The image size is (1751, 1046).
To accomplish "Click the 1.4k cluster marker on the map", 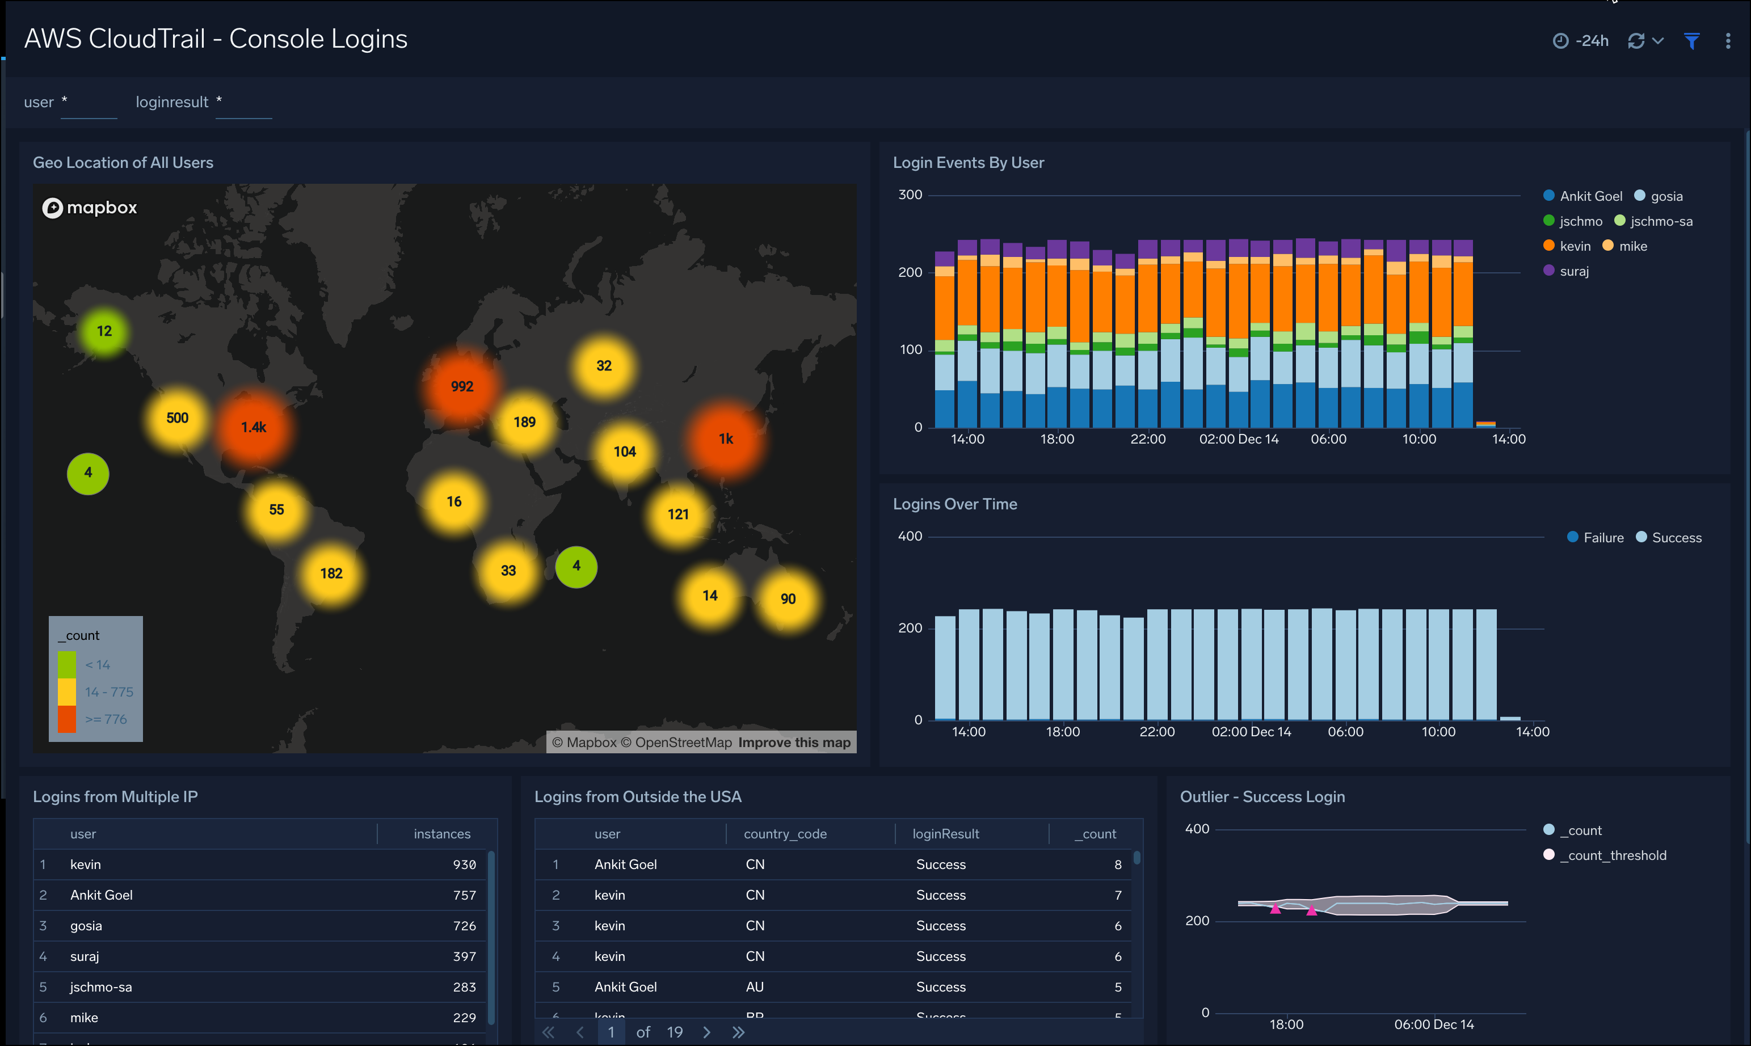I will pyautogui.click(x=254, y=427).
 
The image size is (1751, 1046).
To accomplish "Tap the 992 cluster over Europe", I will pyautogui.click(x=462, y=386).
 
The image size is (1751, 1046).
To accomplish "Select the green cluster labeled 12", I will pyautogui.click(x=104, y=331).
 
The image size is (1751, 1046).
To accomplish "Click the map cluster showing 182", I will pyautogui.click(x=331, y=573).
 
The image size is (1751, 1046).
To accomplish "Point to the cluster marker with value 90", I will pyautogui.click(x=788, y=598).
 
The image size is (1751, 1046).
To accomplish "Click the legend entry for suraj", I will pyautogui.click(x=1573, y=271).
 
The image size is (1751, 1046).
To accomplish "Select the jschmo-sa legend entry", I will pyautogui.click(x=1660, y=221).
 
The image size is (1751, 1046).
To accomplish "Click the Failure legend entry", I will pyautogui.click(x=1602, y=538).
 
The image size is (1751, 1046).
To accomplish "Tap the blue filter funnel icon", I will pyautogui.click(x=1691, y=41).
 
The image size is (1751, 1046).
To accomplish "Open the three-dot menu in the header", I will pyautogui.click(x=1727, y=41).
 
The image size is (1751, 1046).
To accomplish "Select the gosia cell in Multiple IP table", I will pyautogui.click(x=86, y=926).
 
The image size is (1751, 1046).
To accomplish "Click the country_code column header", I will pyautogui.click(x=785, y=834).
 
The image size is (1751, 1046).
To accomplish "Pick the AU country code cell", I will pyautogui.click(x=754, y=987).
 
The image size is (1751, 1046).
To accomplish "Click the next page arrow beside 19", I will pyautogui.click(x=706, y=1032).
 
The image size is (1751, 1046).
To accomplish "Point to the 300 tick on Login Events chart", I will pyautogui.click(x=910, y=195).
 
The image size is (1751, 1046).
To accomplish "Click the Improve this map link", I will pyautogui.click(x=794, y=742).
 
